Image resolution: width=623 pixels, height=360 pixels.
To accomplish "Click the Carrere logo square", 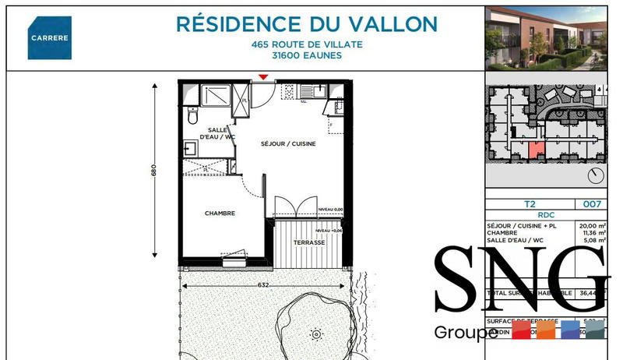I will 50,37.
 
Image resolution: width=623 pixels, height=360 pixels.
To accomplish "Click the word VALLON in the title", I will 396,23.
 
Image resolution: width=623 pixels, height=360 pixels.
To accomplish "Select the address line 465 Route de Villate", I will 307,44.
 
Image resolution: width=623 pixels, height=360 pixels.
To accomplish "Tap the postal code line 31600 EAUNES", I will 307,56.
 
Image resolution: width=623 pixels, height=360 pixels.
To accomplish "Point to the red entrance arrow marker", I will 263,76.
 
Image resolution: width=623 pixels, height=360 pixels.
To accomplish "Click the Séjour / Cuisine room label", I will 287,144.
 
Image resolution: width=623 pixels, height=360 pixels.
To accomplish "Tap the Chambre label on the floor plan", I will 220,213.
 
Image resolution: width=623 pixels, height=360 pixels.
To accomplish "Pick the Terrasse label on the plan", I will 309,243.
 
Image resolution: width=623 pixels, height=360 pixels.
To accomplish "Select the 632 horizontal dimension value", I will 263,285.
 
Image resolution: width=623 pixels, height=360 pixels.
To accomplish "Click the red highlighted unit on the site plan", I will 534,150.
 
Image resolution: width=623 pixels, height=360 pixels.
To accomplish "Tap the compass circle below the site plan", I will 597,175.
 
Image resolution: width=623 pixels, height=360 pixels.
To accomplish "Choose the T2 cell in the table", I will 530,204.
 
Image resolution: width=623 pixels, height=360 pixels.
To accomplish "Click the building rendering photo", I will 546,37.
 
